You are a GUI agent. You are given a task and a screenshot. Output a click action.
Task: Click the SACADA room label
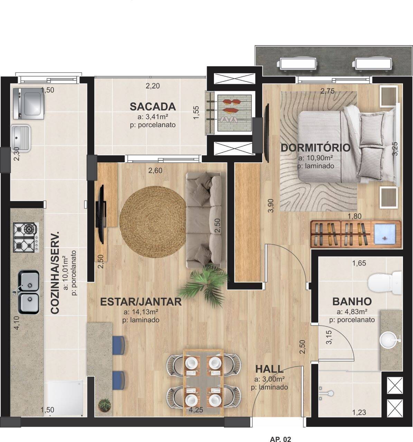point(152,106)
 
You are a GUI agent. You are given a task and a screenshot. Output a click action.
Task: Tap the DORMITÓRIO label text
point(315,148)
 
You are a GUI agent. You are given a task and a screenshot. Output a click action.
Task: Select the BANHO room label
point(352,301)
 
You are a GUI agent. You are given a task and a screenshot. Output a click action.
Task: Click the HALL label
point(269,369)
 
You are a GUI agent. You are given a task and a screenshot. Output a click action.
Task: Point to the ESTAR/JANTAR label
point(141,301)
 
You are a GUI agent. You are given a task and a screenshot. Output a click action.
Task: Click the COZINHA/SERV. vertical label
point(55,273)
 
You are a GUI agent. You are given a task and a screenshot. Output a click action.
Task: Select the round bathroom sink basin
point(389,339)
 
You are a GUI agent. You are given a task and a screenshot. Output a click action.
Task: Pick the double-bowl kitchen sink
point(28,292)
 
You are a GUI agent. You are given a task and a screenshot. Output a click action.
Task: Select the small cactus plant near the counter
point(104,404)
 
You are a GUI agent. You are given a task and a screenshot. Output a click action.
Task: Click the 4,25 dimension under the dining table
point(196,411)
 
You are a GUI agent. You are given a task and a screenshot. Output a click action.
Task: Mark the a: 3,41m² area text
point(152,116)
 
